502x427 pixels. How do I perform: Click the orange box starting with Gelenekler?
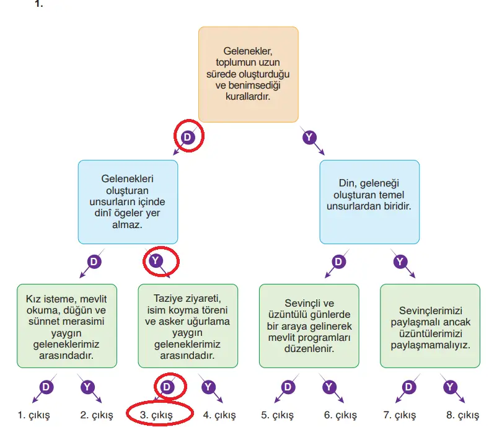[249, 74]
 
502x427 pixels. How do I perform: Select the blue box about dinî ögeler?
[128, 202]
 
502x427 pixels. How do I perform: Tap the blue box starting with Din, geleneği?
[369, 202]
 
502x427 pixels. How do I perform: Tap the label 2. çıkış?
[97, 415]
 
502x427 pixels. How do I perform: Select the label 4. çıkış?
[219, 415]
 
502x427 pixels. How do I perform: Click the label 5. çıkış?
[278, 415]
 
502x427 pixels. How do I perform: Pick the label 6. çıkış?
[340, 415]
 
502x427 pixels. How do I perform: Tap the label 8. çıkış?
[462, 415]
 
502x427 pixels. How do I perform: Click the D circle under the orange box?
[188, 137]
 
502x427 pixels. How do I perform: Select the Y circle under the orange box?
[309, 137]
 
